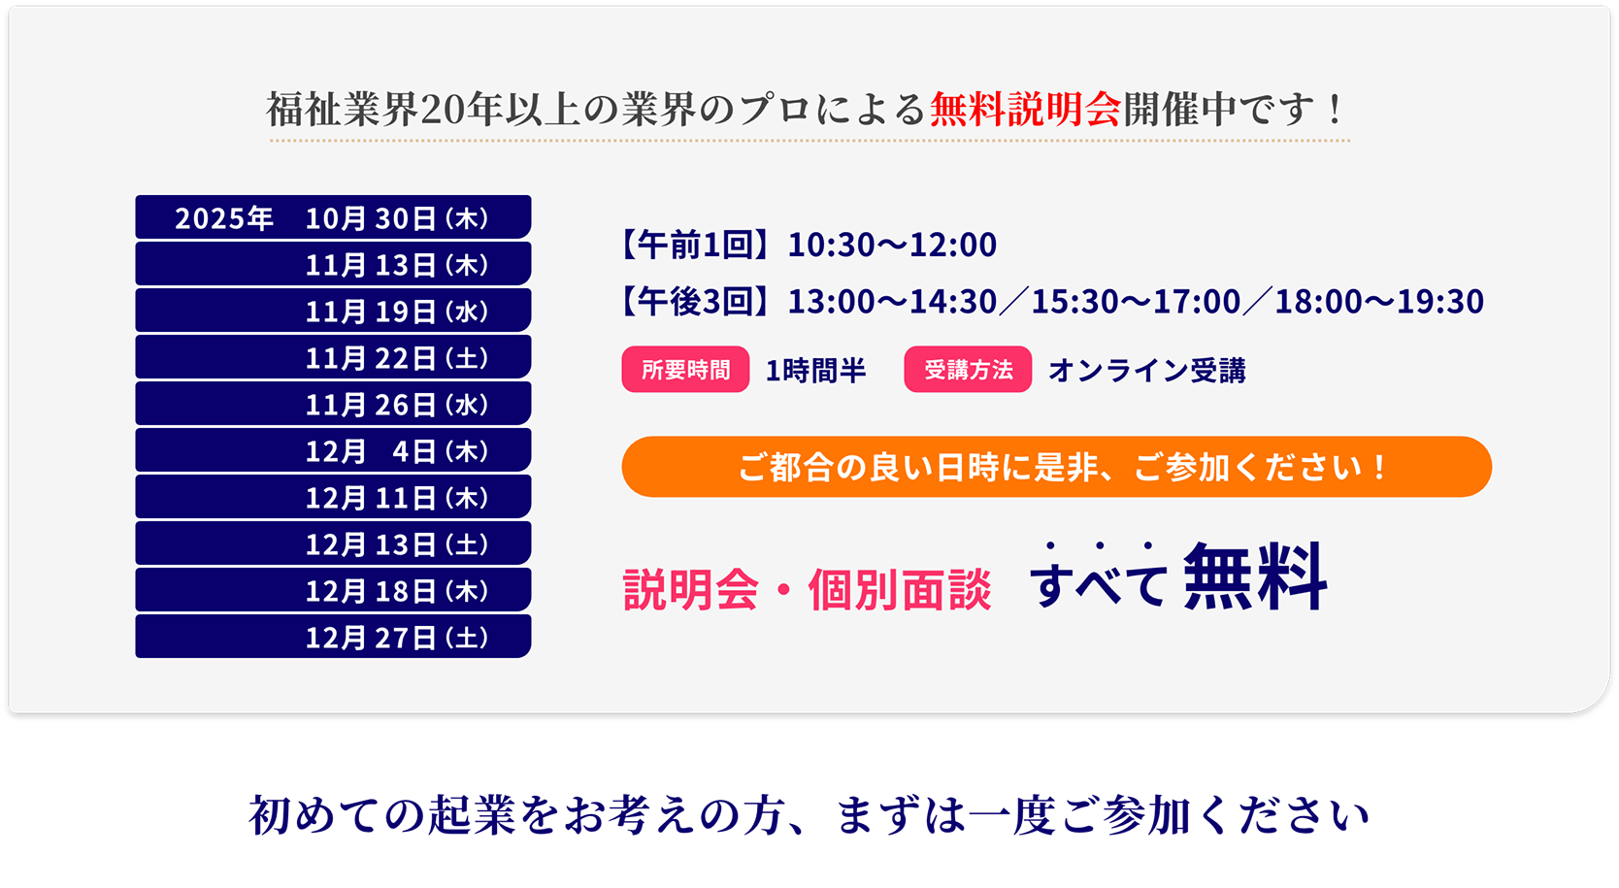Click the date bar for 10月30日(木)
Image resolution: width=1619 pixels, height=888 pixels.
click(333, 216)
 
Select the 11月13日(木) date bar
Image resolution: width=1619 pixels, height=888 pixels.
click(333, 264)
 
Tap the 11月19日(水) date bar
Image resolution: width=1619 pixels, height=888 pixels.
click(333, 310)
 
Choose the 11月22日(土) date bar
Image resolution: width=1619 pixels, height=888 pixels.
click(333, 357)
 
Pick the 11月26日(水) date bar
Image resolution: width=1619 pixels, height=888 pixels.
click(333, 403)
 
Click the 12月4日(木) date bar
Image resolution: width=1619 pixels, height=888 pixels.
click(333, 450)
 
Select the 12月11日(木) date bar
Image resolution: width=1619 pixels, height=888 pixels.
click(333, 496)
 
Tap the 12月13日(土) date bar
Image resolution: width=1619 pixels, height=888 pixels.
click(333, 543)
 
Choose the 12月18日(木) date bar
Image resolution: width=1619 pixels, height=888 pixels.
click(333, 590)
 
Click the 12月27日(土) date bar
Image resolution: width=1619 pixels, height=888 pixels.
click(333, 637)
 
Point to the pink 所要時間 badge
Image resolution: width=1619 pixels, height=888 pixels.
click(685, 369)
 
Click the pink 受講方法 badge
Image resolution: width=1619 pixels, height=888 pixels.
click(968, 369)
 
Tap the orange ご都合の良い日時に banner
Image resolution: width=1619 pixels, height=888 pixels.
click(1057, 467)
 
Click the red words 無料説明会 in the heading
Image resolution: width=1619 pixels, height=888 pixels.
click(1026, 109)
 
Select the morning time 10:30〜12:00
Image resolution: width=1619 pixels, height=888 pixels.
click(892, 245)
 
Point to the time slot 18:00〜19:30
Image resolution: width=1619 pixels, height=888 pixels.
click(1379, 301)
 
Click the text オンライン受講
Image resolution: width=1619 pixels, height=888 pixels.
click(1147, 370)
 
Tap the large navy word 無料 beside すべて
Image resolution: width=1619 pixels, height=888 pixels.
click(1255, 577)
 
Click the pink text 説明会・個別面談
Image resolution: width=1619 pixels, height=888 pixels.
click(807, 590)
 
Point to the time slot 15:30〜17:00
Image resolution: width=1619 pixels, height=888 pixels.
click(1136, 301)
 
